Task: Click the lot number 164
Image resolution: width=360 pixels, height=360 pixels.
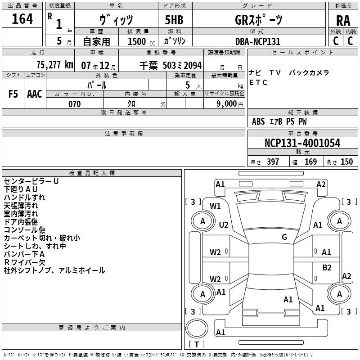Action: pyautogui.click(x=22, y=19)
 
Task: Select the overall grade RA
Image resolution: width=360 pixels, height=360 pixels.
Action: pyautogui.click(x=343, y=21)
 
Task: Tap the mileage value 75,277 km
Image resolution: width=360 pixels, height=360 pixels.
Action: pyautogui.click(x=55, y=65)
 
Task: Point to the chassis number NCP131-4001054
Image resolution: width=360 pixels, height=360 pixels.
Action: pyautogui.click(x=302, y=143)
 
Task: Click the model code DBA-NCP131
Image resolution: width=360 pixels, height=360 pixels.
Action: pyautogui.click(x=258, y=41)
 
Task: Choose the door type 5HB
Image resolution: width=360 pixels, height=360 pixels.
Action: pyautogui.click(x=174, y=20)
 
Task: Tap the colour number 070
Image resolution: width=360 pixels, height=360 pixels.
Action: pyautogui.click(x=75, y=104)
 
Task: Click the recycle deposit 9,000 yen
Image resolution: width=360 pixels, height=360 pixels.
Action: pyautogui.click(x=230, y=104)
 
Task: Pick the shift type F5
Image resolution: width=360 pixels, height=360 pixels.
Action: pyautogui.click(x=13, y=94)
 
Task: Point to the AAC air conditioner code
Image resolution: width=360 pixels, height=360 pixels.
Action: pyautogui.click(x=35, y=94)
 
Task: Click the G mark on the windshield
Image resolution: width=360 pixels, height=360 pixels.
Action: pyautogui.click(x=284, y=237)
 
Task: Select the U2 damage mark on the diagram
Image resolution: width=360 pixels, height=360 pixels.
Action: pyautogui.click(x=224, y=225)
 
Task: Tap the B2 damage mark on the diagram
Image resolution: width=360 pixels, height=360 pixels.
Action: pyautogui.click(x=327, y=267)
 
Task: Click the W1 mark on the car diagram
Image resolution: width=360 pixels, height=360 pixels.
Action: pyautogui.click(x=215, y=206)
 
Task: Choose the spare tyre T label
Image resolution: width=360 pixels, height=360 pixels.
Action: pyautogui.click(x=197, y=344)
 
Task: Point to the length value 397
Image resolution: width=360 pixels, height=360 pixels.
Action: pyautogui.click(x=273, y=162)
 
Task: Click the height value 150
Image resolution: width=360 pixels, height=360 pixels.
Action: pyautogui.click(x=346, y=162)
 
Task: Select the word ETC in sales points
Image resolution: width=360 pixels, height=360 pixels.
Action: pyautogui.click(x=258, y=82)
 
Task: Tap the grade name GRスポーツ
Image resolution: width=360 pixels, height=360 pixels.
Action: pyautogui.click(x=258, y=20)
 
